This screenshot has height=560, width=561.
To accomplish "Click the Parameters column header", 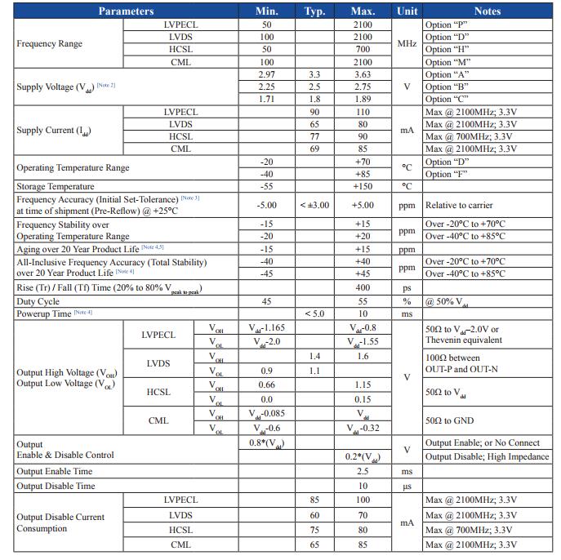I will (126, 11).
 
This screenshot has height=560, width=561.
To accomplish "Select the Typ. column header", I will (314, 11).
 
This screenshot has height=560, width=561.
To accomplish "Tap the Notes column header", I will (487, 11).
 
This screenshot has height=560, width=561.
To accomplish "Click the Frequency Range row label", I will (49, 43).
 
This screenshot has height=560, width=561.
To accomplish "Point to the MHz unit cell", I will (407, 43).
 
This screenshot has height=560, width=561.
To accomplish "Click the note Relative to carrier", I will (459, 205).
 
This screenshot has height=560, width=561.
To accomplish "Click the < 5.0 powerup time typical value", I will (314, 313).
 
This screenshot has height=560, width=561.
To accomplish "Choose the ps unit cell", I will (407, 288).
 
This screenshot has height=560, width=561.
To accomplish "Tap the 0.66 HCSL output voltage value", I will (266, 384).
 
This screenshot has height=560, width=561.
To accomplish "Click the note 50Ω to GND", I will (450, 420).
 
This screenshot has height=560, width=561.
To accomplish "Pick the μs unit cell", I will (407, 486).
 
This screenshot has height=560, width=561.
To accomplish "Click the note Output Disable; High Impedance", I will (487, 456).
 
